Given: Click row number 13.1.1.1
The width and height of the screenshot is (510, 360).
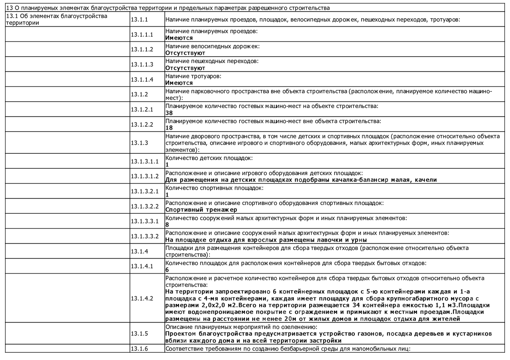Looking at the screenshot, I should pyautogui.click(x=142, y=35).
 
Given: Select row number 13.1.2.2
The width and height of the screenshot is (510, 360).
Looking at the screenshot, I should pyautogui.click(x=142, y=125).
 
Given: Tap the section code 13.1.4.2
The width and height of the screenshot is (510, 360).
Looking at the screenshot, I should pyautogui.click(x=142, y=298).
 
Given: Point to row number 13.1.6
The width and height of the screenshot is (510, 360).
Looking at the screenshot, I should pyautogui.click(x=139, y=349).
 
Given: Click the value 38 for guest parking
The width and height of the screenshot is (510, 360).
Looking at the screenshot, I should pyautogui.click(x=169, y=113).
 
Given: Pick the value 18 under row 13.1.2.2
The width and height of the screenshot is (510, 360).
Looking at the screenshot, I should pyautogui.click(x=169, y=128).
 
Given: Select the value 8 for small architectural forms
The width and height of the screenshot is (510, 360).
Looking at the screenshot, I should pyautogui.click(x=167, y=225).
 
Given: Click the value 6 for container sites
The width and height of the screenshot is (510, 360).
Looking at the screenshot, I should pyautogui.click(x=167, y=270).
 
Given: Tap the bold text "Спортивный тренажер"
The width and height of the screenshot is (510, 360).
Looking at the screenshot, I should pyautogui.click(x=201, y=210).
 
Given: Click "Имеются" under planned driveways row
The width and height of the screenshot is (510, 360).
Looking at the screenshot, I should pyautogui.click(x=179, y=38).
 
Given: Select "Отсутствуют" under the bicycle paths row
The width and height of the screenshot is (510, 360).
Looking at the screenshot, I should pyautogui.click(x=185, y=53).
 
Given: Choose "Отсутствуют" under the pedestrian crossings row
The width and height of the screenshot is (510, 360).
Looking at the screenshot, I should pyautogui.click(x=185, y=68).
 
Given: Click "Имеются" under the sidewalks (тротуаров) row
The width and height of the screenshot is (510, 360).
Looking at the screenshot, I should pyautogui.click(x=179, y=83).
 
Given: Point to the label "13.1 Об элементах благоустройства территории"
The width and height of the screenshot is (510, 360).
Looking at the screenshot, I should pyautogui.click(x=57, y=19).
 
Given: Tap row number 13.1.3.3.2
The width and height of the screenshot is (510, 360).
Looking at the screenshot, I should pyautogui.click(x=144, y=236).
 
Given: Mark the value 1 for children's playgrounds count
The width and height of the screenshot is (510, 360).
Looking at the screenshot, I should pyautogui.click(x=167, y=165).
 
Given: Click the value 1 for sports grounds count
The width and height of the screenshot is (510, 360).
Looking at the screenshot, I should pyautogui.click(x=167, y=195).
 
